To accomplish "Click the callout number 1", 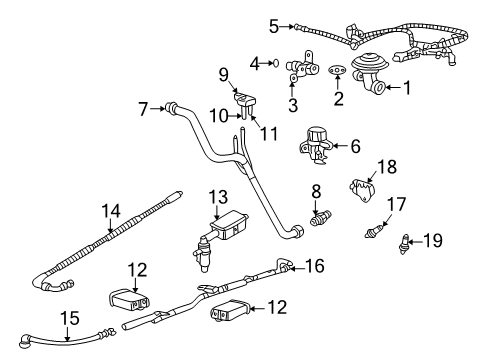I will (x=406, y=89).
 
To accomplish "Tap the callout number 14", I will (x=109, y=210).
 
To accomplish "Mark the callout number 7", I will (x=143, y=107).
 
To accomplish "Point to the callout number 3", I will (x=293, y=105).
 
